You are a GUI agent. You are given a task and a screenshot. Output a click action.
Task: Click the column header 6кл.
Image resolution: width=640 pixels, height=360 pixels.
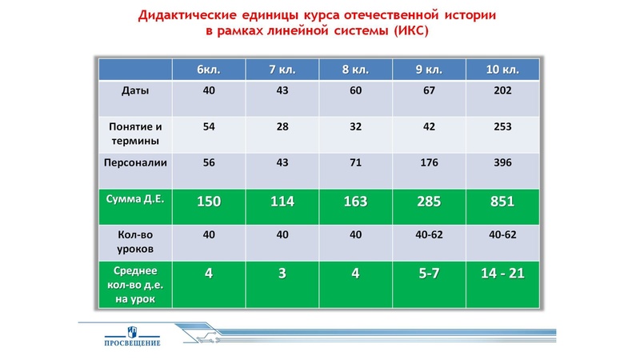click(x=209, y=70)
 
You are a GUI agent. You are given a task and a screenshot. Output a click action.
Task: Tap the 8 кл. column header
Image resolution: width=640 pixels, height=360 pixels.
click(x=356, y=70)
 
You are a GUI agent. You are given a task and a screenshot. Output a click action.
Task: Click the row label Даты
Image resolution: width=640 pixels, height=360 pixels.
click(x=135, y=90)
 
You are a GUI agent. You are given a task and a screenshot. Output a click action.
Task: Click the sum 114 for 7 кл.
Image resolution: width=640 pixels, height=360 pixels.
click(x=282, y=202)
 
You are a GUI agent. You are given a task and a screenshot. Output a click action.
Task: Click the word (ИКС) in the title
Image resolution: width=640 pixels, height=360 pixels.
click(x=406, y=31)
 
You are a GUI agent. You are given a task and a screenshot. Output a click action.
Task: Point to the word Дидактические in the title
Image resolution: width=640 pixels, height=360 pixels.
click(x=184, y=15)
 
